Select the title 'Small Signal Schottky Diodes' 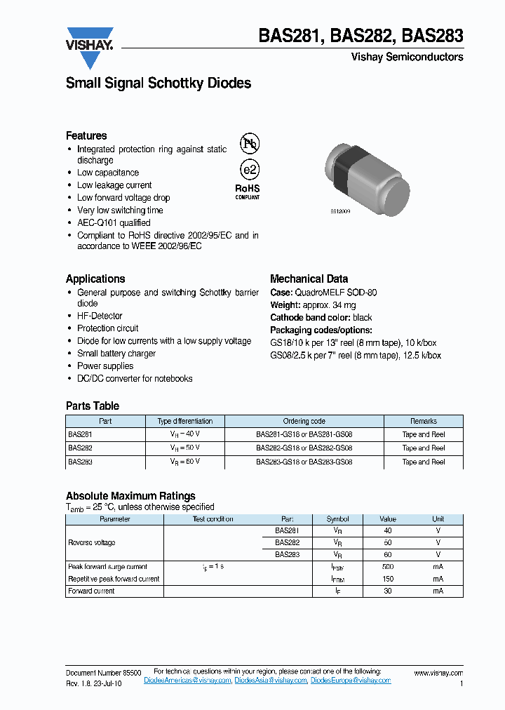(x=158, y=83)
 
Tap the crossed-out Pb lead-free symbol (x=249, y=144)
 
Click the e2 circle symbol (x=249, y=170)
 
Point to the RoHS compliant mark (x=247, y=191)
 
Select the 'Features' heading (x=86, y=135)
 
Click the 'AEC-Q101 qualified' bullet (x=114, y=223)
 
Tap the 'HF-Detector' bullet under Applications (x=100, y=316)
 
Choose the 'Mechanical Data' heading (x=309, y=279)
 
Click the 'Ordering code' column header (x=304, y=421)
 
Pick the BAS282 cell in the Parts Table (x=80, y=448)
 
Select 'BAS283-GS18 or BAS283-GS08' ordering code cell (x=304, y=462)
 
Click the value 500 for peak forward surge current (x=388, y=566)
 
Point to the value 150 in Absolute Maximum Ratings (x=388, y=579)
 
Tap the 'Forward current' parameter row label (x=91, y=591)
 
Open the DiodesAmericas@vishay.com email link (x=187, y=681)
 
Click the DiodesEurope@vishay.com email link (x=351, y=681)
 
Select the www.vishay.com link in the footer (x=438, y=673)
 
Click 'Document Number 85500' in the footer (x=103, y=673)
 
